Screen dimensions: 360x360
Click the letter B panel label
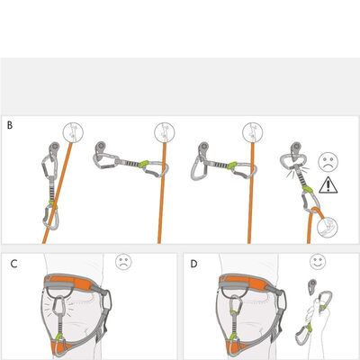10,125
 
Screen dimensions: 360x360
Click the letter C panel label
13,264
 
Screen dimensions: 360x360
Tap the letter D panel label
194,264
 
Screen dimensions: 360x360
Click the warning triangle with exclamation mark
328,184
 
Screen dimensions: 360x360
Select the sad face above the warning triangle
328,162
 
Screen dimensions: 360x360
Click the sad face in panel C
123,261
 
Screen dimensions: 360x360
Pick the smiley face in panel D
318,261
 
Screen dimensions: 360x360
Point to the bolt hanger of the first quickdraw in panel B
54,148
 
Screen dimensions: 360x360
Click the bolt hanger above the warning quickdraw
296,150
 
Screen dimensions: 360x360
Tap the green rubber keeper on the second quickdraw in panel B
144,164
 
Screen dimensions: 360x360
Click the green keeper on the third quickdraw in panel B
232,166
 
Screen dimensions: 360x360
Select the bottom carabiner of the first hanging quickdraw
50,218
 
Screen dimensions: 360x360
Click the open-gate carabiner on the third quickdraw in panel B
198,165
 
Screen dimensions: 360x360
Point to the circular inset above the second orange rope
165,132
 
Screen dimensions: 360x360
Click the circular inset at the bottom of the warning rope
328,227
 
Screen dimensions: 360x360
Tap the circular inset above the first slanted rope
73,132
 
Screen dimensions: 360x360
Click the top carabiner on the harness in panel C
60,307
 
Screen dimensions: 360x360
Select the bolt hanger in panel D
312,286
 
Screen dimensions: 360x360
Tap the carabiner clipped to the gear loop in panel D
236,307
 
